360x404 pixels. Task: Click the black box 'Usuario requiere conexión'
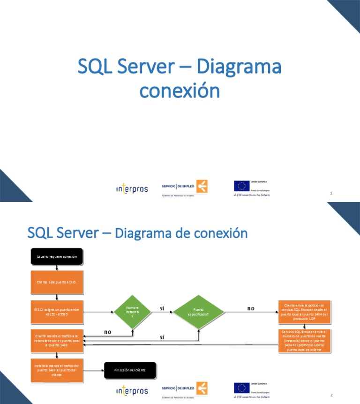coord(57,256)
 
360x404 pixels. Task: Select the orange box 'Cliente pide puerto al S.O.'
coord(57,282)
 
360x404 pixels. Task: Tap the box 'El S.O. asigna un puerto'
coord(57,312)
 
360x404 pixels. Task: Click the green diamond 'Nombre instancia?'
coord(132,312)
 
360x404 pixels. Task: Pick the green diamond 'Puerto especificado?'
coord(199,312)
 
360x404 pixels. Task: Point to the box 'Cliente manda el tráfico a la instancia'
coord(57,340)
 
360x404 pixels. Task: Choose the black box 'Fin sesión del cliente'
coord(130,370)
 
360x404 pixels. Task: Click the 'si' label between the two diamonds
coord(162,308)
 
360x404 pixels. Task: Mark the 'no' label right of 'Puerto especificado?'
coord(251,308)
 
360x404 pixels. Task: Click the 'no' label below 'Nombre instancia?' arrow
coord(107,332)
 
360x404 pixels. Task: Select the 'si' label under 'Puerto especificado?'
coord(162,337)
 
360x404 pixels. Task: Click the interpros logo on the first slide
coord(132,188)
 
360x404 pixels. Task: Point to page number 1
coord(331,193)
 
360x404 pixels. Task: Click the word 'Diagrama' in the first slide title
coord(239,67)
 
